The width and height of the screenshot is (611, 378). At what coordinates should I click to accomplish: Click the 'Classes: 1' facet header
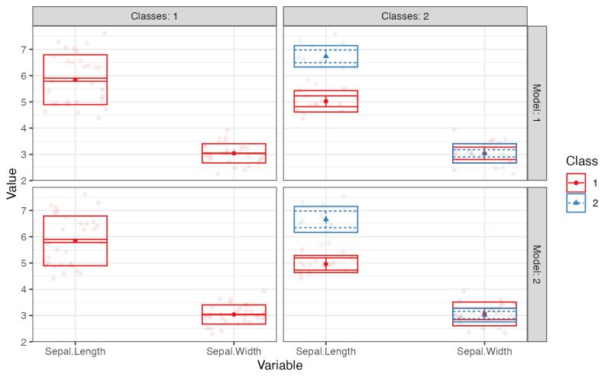coord(154,16)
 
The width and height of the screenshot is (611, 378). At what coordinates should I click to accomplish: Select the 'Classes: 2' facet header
coord(405,16)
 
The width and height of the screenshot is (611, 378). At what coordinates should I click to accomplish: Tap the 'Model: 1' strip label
coord(538,103)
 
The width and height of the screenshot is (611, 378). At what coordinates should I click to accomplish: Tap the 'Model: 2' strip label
coord(538,265)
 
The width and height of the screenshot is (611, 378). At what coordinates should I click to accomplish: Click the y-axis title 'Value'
coord(11,184)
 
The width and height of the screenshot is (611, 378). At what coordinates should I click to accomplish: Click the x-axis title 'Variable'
coord(280,367)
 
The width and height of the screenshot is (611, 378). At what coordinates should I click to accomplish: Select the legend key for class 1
coord(576,183)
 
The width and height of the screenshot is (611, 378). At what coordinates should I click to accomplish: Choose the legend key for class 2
coord(576,203)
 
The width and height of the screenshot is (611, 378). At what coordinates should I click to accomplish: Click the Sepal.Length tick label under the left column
coord(75,352)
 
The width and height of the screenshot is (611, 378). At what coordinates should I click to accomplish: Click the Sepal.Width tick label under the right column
coord(484,352)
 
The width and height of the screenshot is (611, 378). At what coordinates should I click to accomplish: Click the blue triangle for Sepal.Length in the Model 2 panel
coord(326,220)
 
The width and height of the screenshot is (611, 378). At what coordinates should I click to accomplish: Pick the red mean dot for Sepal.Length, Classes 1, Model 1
coord(75,79)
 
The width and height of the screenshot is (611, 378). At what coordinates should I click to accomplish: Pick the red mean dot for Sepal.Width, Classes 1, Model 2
coord(234,314)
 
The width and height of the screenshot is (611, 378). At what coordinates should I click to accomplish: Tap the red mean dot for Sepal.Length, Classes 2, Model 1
coord(326,101)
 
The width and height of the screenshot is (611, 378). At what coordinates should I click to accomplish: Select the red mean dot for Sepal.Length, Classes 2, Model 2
coord(326,264)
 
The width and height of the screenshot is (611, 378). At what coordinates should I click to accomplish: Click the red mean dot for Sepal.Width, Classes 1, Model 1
coord(234,153)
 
